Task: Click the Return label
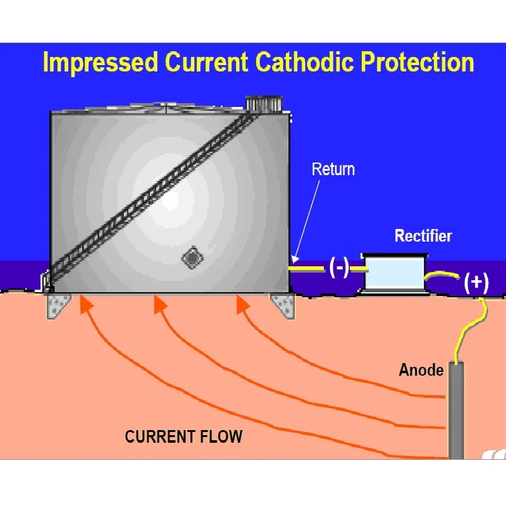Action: (333, 170)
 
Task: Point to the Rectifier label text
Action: (423, 237)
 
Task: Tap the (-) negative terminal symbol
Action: (339, 268)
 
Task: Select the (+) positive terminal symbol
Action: (476, 282)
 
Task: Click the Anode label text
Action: (421, 370)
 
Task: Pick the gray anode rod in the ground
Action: (457, 411)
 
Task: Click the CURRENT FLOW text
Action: (183, 436)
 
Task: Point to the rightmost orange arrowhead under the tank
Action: (242, 304)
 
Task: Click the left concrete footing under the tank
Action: (59, 307)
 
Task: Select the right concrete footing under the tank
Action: (283, 305)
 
